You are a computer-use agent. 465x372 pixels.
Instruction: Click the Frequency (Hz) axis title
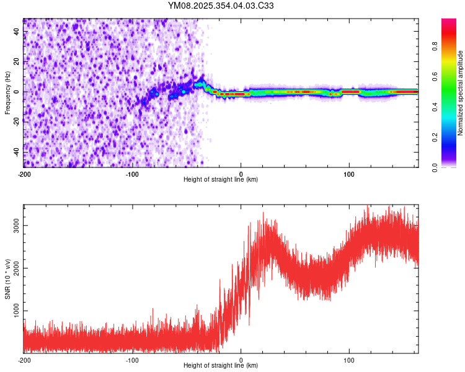click(x=7, y=92)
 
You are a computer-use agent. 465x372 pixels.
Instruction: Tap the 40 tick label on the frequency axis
click(x=17, y=32)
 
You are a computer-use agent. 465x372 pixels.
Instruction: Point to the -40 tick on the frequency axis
click(x=15, y=152)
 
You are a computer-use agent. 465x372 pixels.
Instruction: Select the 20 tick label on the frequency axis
click(x=17, y=62)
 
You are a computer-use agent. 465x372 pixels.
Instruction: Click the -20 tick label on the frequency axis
click(x=15, y=122)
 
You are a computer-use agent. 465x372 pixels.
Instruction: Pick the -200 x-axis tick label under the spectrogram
click(x=24, y=174)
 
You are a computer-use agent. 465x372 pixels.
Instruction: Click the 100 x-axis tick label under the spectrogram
click(x=349, y=174)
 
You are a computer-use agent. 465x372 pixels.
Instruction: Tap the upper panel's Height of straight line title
click(x=221, y=180)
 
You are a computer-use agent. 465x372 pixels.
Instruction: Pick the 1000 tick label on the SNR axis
click(x=17, y=311)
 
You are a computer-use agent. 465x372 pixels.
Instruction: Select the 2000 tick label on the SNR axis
click(x=17, y=268)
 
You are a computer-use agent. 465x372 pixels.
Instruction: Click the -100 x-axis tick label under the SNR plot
click(x=132, y=360)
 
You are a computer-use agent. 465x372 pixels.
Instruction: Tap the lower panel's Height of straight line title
click(x=221, y=366)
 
